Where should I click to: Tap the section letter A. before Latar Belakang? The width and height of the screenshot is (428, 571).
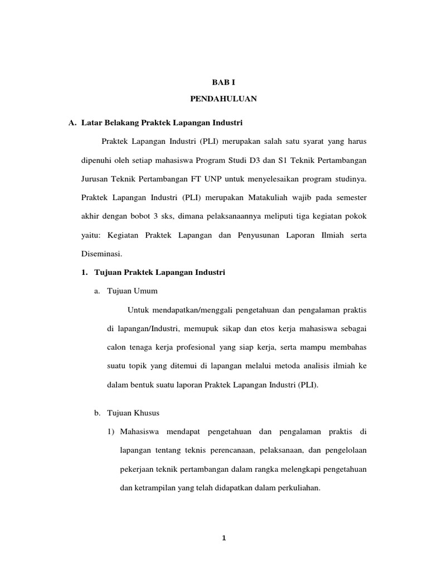tap(72, 122)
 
